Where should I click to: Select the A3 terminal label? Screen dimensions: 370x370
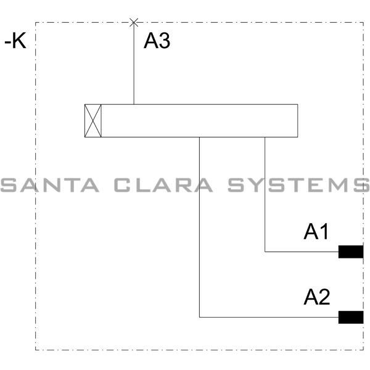pos(157,41)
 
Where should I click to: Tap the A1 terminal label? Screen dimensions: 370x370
pos(317,232)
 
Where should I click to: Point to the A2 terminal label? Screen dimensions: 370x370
pos(317,298)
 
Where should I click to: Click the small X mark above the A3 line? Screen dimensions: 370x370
pos(134,23)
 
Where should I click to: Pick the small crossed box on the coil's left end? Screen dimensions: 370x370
pos(93,120)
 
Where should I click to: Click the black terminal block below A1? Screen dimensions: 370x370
pos(351,252)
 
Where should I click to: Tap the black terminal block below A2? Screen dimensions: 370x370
pos(351,317)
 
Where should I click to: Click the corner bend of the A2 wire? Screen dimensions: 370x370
pos(200,317)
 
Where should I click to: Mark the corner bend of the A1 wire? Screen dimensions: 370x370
pos(265,252)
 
